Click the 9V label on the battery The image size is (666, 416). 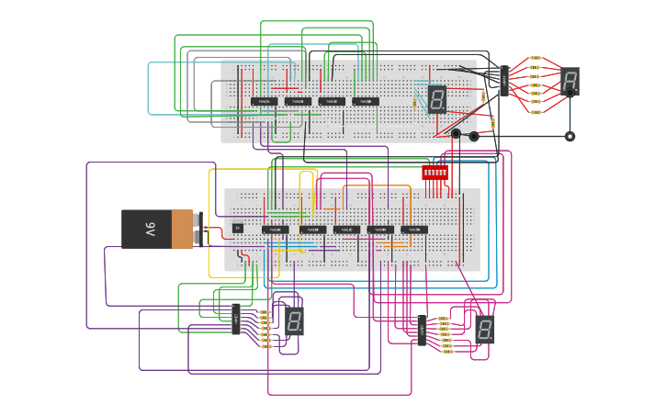(x=149, y=230)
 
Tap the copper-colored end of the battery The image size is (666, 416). (x=182, y=229)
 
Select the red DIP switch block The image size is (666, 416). (x=435, y=172)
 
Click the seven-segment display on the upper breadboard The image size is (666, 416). (x=436, y=98)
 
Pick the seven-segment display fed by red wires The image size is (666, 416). (x=570, y=81)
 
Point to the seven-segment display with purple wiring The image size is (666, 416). (x=294, y=320)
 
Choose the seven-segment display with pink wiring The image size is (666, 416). (x=485, y=329)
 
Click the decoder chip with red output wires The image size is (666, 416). (x=503, y=81)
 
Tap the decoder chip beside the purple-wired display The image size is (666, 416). (x=236, y=319)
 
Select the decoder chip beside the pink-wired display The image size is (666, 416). (x=421, y=330)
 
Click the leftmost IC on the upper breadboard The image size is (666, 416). (x=264, y=101)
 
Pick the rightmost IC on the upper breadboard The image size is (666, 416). (x=365, y=101)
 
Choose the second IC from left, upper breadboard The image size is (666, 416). (x=298, y=101)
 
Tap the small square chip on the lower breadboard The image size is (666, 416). (x=238, y=228)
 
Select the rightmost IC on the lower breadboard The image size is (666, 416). (x=413, y=230)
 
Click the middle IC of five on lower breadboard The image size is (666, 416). (x=346, y=230)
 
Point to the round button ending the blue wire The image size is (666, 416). (x=570, y=136)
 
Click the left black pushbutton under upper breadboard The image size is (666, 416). (x=456, y=134)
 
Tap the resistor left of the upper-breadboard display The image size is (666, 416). (x=414, y=101)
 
